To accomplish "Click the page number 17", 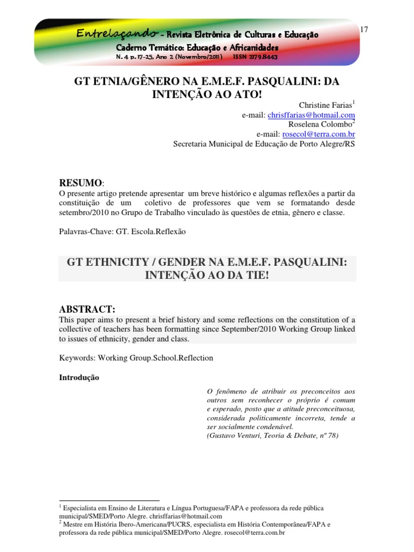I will pos(363,29).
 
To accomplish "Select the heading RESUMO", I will pos(79,183).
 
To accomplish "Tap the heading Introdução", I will pos(79,378).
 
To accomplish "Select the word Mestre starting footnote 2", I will pos(75,524).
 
